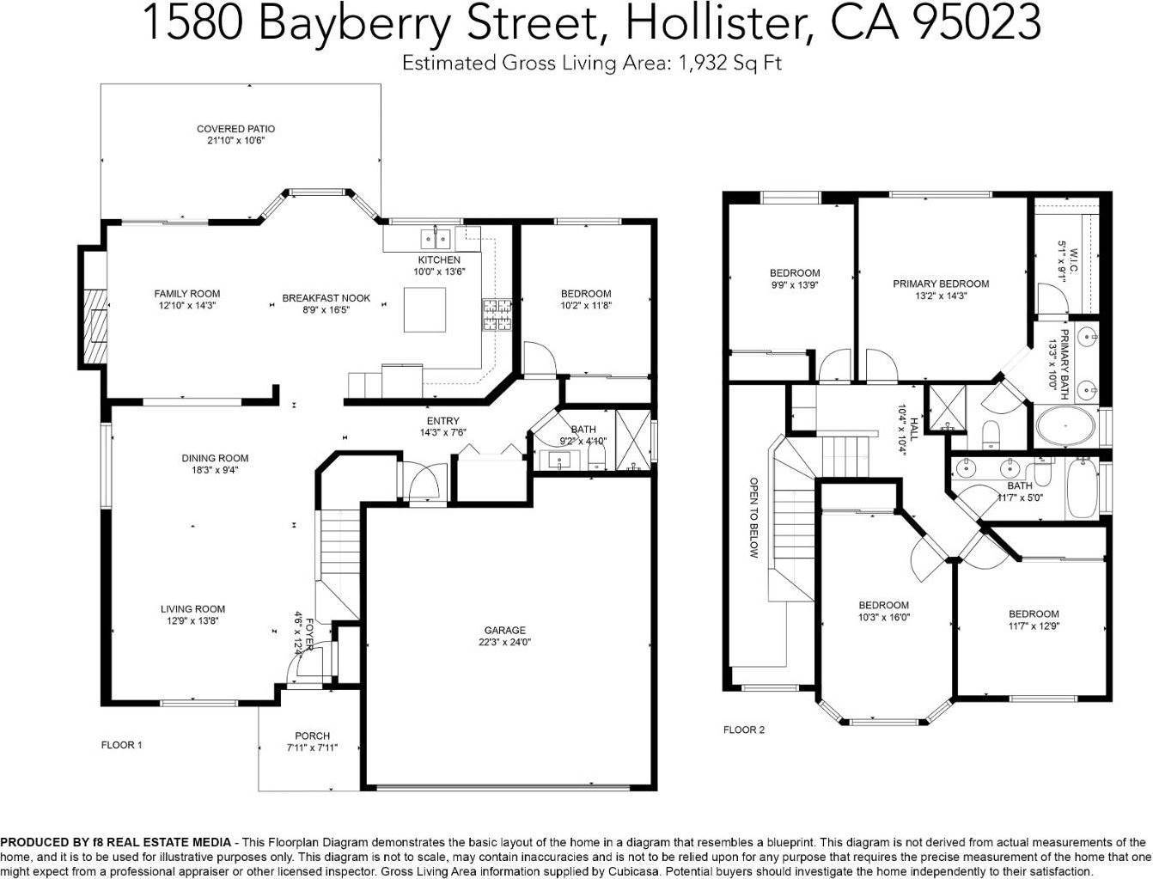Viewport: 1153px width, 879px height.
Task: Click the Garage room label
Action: (x=504, y=630)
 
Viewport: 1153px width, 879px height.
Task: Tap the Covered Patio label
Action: (x=235, y=129)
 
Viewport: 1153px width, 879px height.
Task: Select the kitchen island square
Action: (x=425, y=309)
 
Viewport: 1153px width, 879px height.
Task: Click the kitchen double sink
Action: (x=437, y=237)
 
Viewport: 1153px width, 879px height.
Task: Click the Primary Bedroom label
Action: (x=940, y=284)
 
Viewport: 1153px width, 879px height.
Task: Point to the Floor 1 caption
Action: (x=122, y=745)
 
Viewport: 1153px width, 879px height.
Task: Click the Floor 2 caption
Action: (x=743, y=730)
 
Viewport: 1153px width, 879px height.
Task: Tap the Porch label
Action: (x=312, y=736)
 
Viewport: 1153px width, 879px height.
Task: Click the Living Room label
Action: (x=192, y=609)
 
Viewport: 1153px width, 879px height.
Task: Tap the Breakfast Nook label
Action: (x=326, y=298)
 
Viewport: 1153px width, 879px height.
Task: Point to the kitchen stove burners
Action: (x=495, y=314)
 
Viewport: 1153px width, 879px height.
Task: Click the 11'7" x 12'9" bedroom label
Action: (x=1034, y=613)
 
